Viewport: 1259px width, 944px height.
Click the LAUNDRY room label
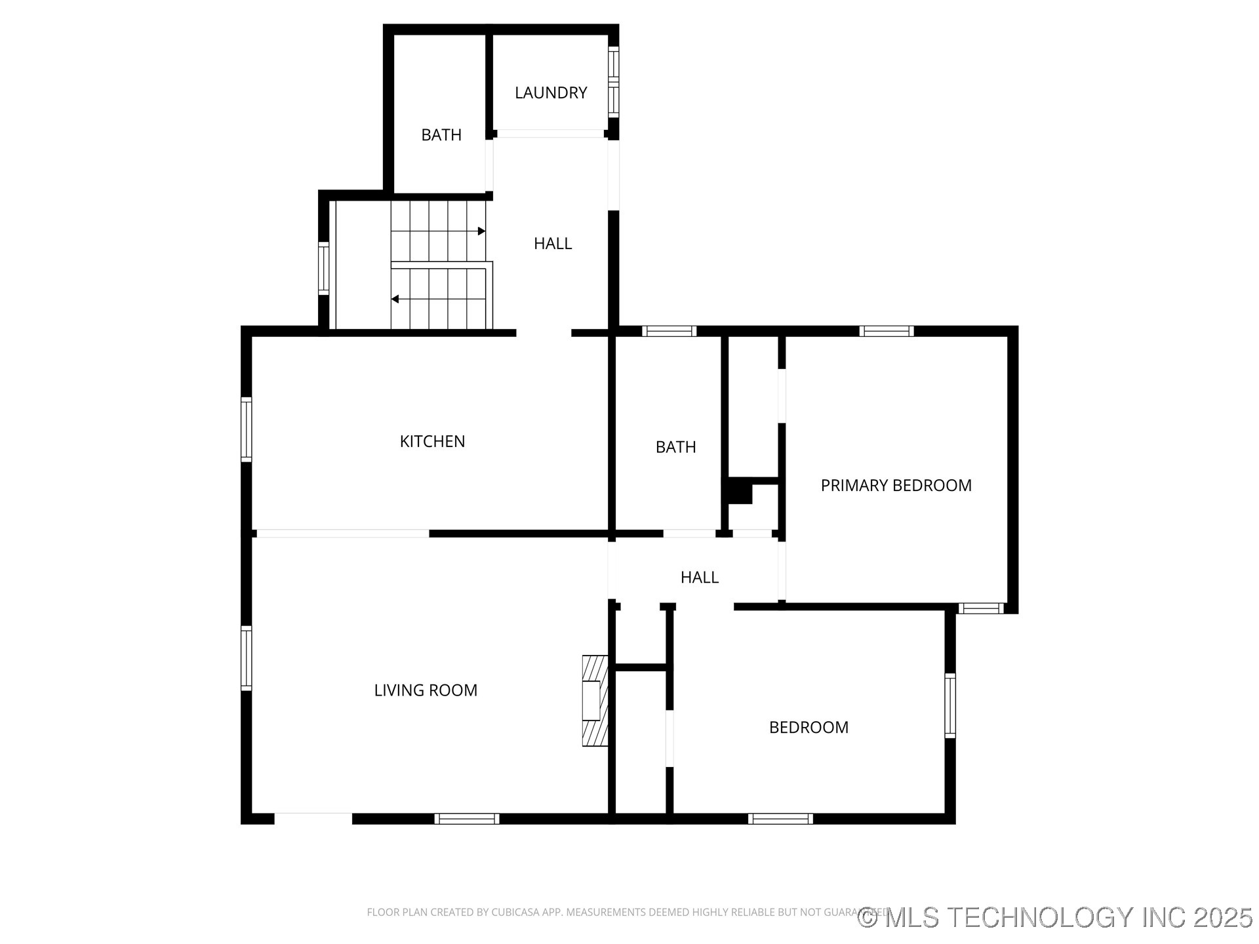[550, 93]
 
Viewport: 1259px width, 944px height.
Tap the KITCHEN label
[432, 441]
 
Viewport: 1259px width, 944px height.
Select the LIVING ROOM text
[426, 690]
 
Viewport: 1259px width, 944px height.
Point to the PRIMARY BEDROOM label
[896, 485]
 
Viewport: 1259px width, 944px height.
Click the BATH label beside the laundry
[441, 135]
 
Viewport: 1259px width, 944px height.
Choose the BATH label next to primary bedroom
[675, 447]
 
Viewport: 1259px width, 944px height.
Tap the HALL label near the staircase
[552, 244]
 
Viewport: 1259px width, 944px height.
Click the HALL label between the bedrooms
[699, 577]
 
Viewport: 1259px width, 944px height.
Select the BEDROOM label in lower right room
[809, 727]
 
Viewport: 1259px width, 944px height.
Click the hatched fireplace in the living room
[595, 700]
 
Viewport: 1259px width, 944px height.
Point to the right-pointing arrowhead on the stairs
[481, 231]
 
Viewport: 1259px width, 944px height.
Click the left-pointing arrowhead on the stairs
[395, 299]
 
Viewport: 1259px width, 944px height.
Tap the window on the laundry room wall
[613, 82]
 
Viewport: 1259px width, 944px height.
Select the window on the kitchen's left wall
[247, 429]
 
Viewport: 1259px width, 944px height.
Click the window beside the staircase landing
[323, 268]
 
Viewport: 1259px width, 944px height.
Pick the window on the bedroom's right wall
[949, 705]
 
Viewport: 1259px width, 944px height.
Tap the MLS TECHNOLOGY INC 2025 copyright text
[1056, 917]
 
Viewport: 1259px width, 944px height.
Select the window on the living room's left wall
[247, 658]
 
